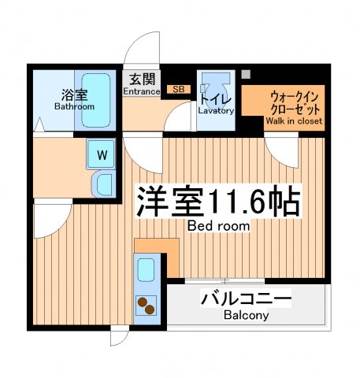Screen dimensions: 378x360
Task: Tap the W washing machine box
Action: click(102, 155)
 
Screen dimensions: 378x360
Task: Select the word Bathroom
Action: click(74, 106)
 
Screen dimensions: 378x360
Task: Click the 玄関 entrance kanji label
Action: click(142, 79)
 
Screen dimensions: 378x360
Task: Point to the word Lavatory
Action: click(216, 111)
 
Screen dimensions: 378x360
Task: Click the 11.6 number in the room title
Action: click(236, 202)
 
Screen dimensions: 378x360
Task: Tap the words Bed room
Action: click(218, 226)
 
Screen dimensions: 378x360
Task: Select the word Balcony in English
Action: click(246, 316)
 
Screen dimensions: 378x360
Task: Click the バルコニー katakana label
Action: click(246, 300)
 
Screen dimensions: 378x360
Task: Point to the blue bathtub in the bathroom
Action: click(98, 101)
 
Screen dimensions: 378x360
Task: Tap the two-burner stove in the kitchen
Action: click(146, 305)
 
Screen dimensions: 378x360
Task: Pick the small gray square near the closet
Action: click(247, 75)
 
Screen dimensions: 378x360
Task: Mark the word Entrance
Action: click(142, 91)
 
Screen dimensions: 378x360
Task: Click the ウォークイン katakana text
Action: click(283, 94)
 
